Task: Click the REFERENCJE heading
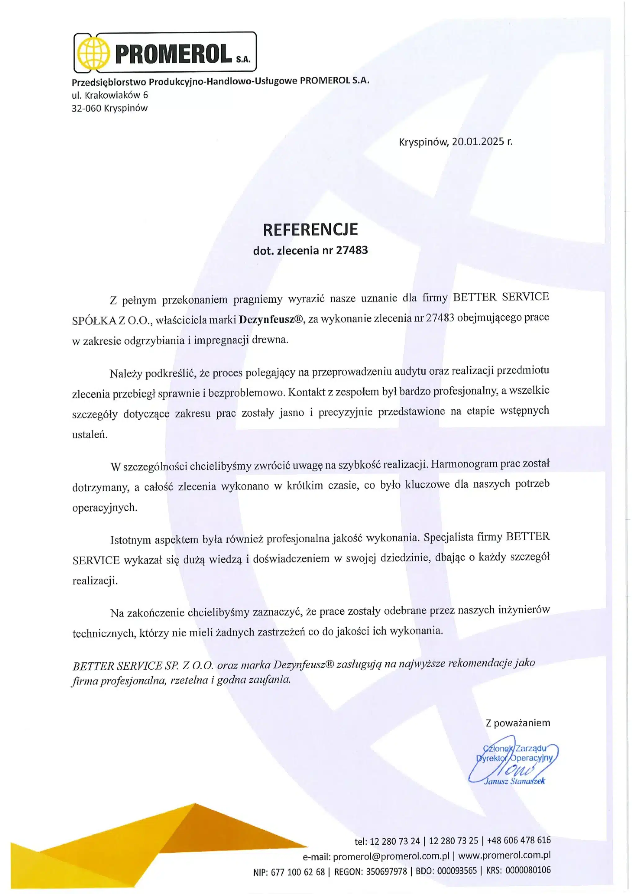310,230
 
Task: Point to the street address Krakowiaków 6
116,95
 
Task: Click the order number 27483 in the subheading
352,251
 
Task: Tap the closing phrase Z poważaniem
518,723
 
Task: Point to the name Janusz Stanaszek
514,781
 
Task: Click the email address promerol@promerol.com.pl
392,856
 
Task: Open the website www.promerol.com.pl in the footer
504,856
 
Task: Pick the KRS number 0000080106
527,871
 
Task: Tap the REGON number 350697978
387,871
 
